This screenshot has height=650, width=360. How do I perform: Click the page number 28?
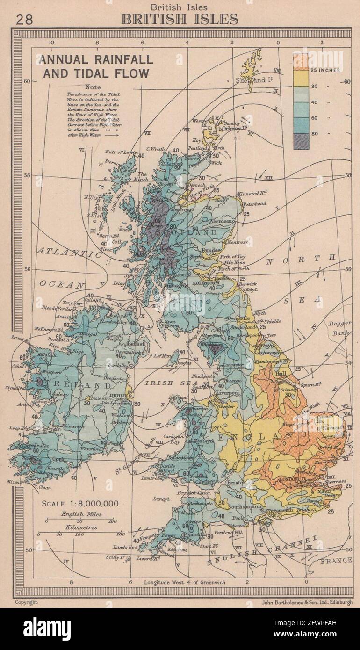pos(24,20)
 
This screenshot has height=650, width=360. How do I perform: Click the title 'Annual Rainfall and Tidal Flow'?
pos(96,66)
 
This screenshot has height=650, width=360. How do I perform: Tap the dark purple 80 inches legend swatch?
pos(301,141)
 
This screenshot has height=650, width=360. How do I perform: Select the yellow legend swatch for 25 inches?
pos(301,78)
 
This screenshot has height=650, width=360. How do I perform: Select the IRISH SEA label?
pos(159,383)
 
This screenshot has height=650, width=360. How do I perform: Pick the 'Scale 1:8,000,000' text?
pos(80,504)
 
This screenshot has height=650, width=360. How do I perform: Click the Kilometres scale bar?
pos(78,533)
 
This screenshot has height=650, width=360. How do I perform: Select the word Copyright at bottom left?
pos(26,603)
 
